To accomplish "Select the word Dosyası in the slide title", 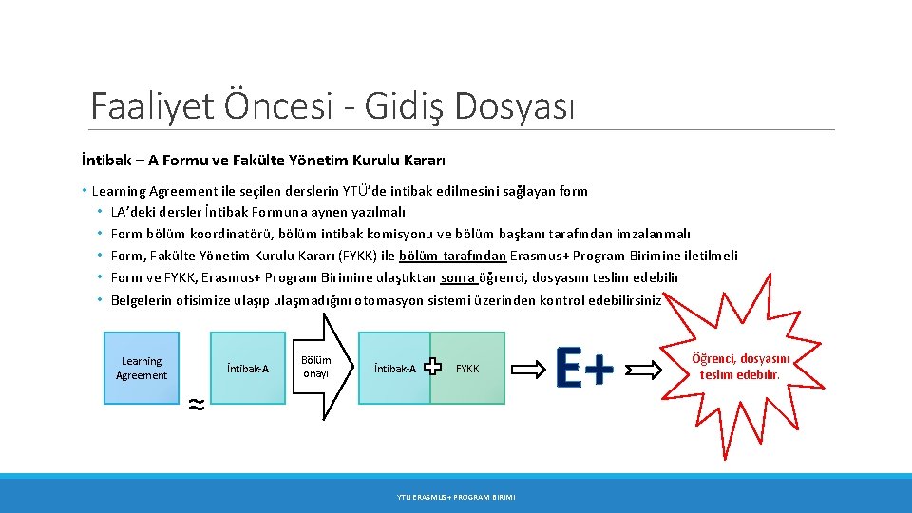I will (x=514, y=105).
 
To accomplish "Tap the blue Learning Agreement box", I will (x=142, y=368).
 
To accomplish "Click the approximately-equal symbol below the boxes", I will (x=195, y=404).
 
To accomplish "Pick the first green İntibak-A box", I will (x=248, y=368).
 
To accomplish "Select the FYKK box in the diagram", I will (x=468, y=368).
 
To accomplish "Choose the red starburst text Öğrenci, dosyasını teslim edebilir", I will (x=740, y=366).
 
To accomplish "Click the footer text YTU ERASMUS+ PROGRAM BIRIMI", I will (x=456, y=496).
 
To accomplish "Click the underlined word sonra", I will (x=458, y=277).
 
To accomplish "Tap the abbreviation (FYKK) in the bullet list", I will (x=350, y=256).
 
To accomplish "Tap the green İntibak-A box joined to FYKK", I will (x=395, y=368).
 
